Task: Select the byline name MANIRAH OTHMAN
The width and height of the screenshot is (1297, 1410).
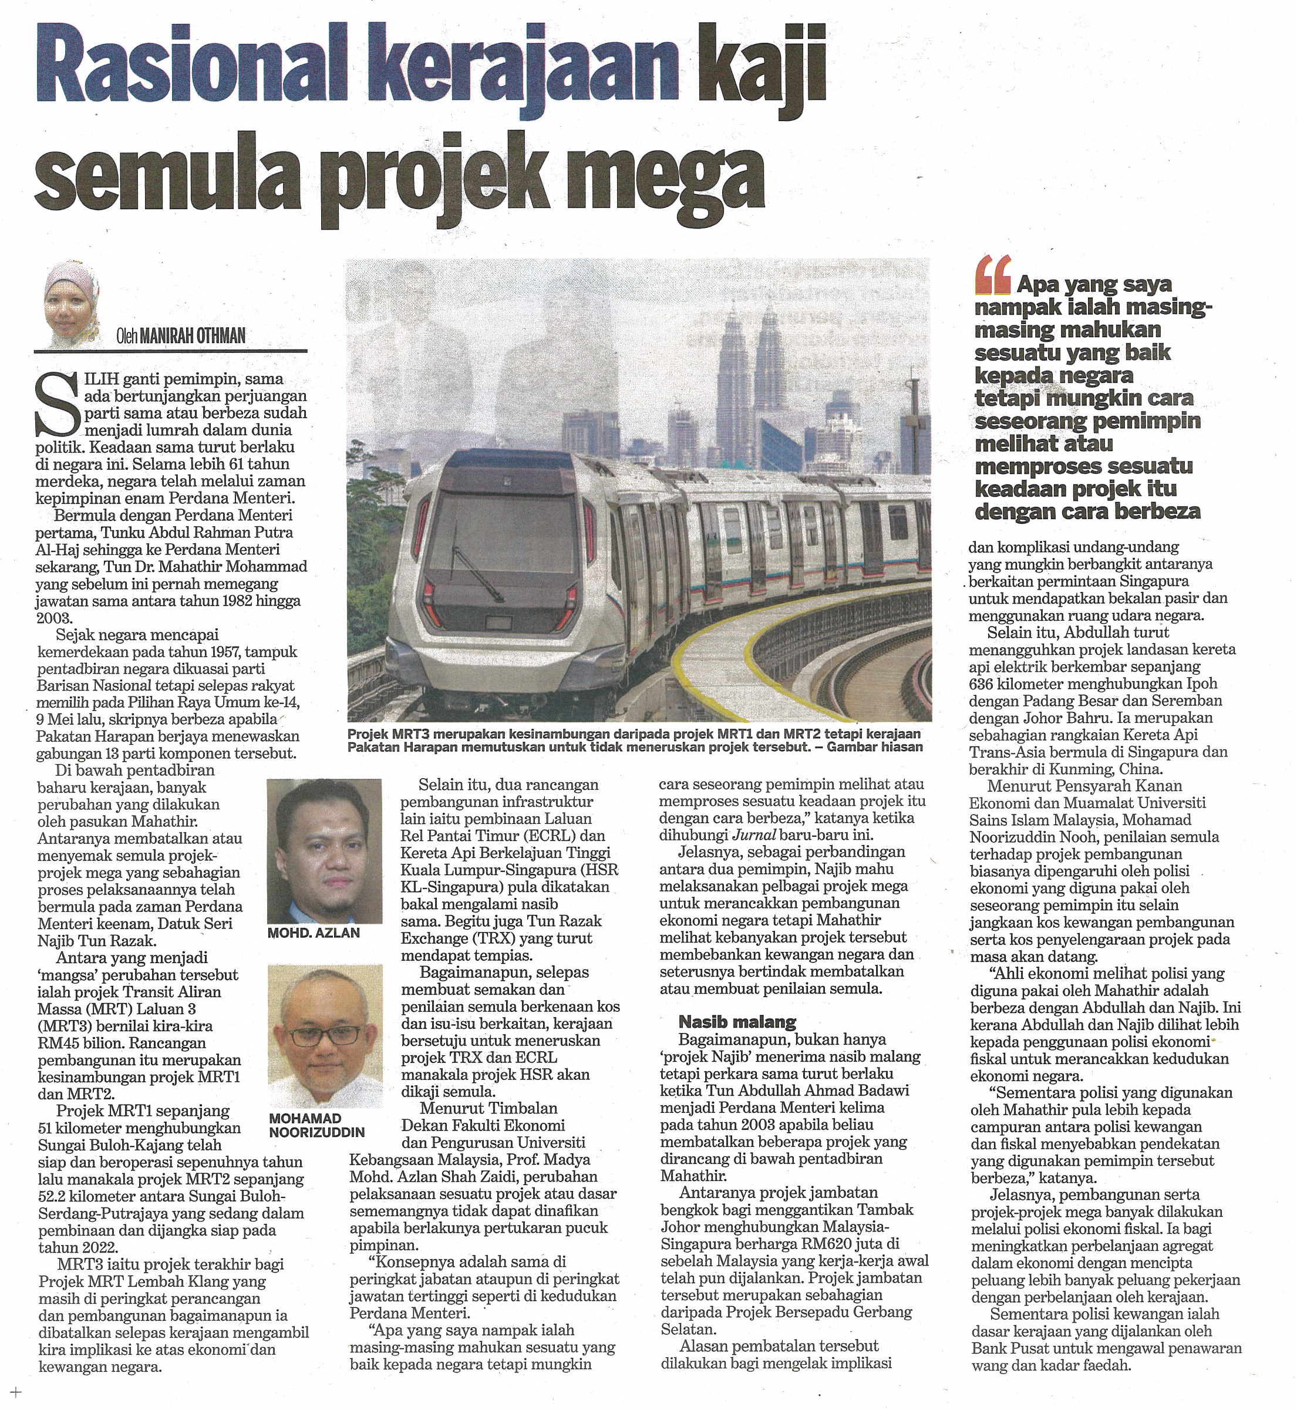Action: click(193, 336)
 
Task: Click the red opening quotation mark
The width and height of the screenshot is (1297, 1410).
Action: click(992, 274)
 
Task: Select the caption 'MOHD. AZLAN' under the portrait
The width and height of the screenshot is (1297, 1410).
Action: click(314, 933)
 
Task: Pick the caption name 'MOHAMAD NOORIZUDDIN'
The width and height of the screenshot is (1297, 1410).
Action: click(316, 1125)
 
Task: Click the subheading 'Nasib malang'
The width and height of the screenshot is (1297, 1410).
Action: click(737, 1021)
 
